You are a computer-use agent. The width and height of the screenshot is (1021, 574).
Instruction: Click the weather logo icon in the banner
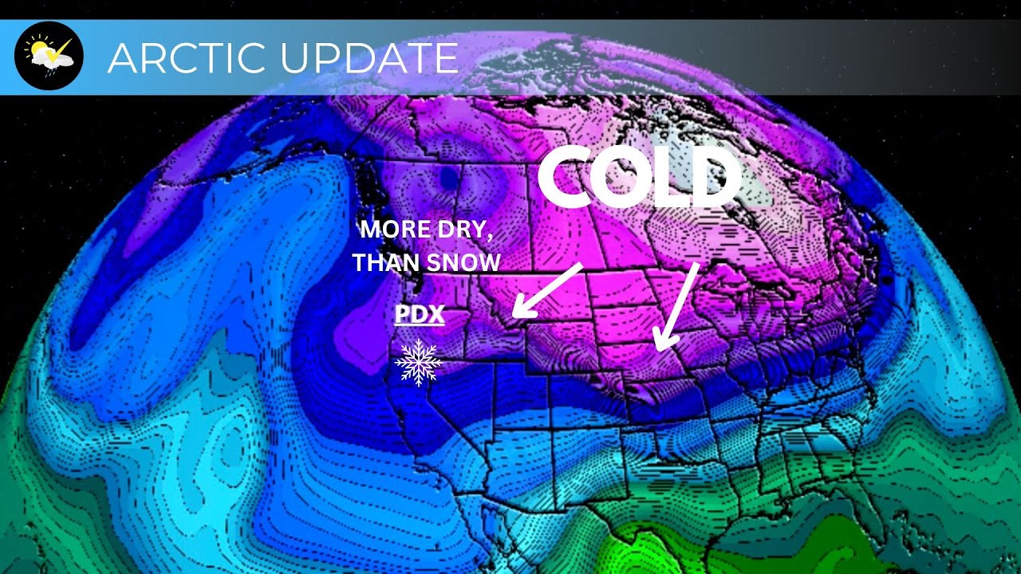[x=49, y=56]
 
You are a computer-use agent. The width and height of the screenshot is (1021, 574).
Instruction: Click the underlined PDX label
[x=420, y=315]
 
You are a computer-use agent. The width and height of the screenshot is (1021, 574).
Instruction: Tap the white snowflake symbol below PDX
[x=418, y=362]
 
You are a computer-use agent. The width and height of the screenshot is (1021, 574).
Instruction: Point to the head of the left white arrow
[x=517, y=312]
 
